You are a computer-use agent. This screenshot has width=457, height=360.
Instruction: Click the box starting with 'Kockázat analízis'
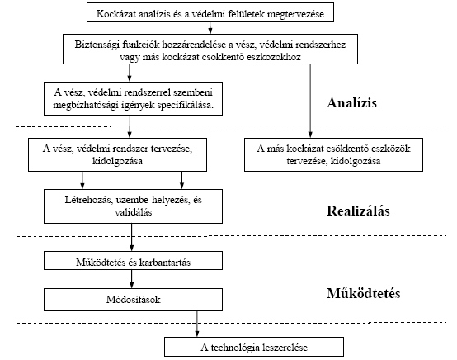[x=210, y=12]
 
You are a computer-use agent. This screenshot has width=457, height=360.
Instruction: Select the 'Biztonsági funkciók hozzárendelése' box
[x=210, y=49]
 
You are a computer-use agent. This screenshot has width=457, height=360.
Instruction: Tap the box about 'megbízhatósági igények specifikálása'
[x=133, y=98]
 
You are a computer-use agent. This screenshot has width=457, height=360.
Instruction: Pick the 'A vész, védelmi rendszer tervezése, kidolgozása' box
[x=117, y=154]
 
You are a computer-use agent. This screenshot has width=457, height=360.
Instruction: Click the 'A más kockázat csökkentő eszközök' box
[x=333, y=154]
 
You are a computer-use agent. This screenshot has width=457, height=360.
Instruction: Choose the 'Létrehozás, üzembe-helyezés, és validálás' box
[x=133, y=206]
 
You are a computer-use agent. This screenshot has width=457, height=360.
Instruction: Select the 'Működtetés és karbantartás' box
[x=133, y=261]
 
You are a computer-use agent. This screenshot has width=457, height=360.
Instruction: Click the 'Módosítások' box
[x=133, y=300]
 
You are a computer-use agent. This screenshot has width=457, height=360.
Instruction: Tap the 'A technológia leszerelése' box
[x=254, y=347]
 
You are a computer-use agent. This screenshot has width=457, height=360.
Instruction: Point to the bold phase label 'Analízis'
[x=351, y=102]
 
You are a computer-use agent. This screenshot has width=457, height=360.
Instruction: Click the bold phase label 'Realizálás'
[x=358, y=211]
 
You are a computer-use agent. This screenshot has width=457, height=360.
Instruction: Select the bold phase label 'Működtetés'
[x=364, y=293]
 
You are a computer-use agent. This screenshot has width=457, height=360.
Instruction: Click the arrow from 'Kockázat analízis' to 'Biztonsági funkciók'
[x=210, y=28]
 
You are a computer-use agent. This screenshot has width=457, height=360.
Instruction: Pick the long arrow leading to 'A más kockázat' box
[x=310, y=101]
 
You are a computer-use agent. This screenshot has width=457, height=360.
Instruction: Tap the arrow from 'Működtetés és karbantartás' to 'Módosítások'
[x=131, y=279]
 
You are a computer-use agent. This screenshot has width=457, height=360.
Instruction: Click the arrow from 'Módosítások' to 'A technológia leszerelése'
[x=196, y=324]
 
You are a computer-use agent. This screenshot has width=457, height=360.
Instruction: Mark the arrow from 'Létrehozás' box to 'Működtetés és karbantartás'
[x=131, y=238]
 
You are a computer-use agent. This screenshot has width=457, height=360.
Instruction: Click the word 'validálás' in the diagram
[x=133, y=212]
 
